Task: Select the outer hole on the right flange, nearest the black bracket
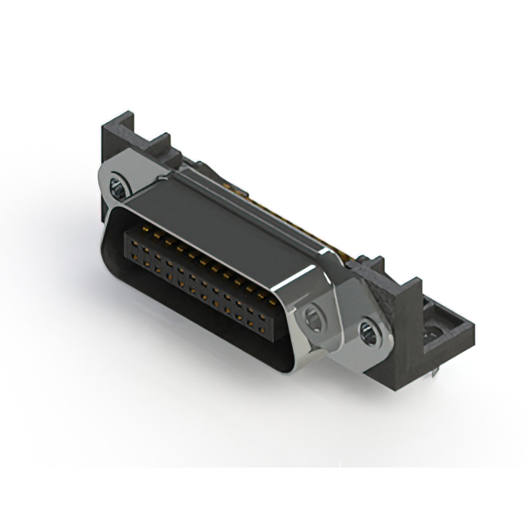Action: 367,332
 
